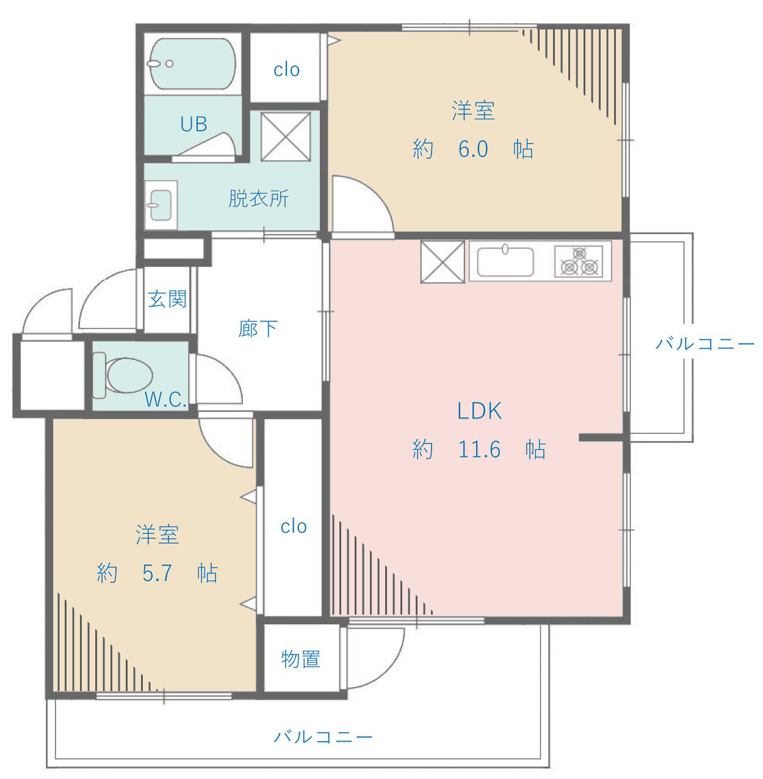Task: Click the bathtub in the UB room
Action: coord(193,64)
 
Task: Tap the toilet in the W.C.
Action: coord(123,375)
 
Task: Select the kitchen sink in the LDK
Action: coord(505,261)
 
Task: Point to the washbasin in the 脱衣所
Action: coord(161,205)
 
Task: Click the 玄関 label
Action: coord(167,299)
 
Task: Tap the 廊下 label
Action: coord(258,328)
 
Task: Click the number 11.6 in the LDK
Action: coord(479,449)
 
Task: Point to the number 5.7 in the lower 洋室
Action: coord(157,573)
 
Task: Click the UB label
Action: coord(194,124)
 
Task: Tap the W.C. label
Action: coord(165,400)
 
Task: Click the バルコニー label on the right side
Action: coord(705,344)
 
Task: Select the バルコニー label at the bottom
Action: coord(323,737)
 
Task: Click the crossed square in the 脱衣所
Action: coord(286,137)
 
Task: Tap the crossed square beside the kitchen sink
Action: coord(443,262)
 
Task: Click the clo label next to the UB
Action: coord(286,70)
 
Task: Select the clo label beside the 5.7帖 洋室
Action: coord(294,527)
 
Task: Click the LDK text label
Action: coord(479,411)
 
